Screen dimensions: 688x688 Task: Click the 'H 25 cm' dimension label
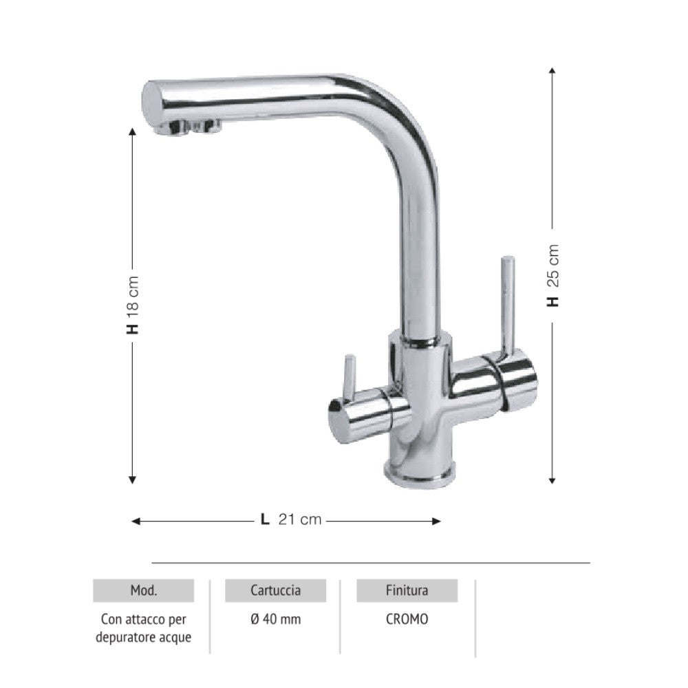coord(553,275)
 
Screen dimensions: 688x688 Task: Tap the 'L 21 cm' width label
coord(290,520)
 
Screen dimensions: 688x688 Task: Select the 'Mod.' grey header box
coord(144,590)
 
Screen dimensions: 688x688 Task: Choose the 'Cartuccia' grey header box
coord(275,590)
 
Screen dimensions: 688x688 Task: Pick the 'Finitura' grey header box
coord(407,590)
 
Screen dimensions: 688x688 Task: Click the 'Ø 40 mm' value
coord(275,619)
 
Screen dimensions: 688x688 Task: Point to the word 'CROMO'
coord(407,619)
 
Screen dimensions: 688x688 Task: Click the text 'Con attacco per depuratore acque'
coord(144,628)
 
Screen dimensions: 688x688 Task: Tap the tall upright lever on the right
coord(507,303)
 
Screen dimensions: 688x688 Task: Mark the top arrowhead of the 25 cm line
coord(552,70)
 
